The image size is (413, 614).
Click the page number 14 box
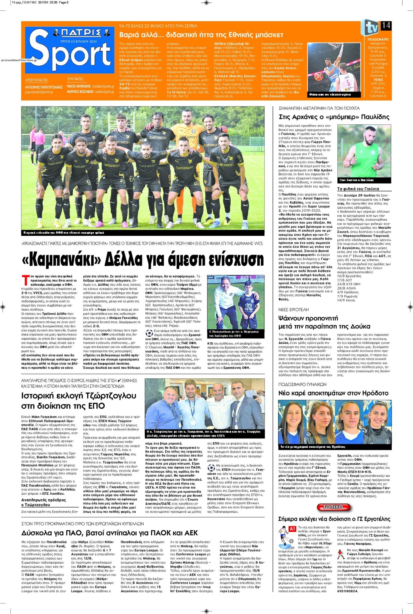point(386,25)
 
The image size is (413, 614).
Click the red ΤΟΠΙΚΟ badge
point(334,507)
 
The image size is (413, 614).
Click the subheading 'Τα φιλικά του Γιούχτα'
point(358,189)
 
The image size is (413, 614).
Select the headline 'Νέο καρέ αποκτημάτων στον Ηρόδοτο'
point(333,393)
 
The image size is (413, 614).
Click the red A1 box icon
point(292,529)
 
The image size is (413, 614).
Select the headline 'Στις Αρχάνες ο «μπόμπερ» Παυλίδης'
point(334,117)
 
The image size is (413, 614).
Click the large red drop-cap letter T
point(26,280)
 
